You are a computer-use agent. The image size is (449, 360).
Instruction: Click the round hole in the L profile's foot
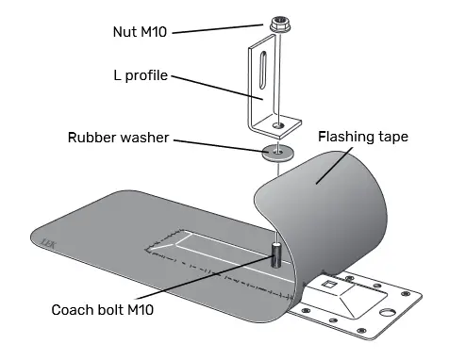pyautogui.click(x=277, y=124)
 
